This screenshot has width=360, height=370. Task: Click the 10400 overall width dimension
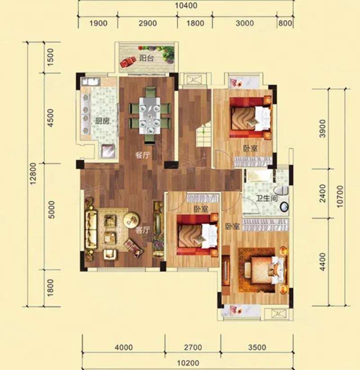click(x=186, y=5)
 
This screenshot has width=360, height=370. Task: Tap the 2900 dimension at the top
click(x=148, y=23)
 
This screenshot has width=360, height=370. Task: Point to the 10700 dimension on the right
click(x=340, y=196)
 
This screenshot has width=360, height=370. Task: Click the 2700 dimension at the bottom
click(x=193, y=348)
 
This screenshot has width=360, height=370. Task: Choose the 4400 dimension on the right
click(x=322, y=262)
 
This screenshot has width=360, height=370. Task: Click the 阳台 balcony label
click(x=146, y=58)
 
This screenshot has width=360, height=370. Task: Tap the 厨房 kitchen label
click(x=102, y=121)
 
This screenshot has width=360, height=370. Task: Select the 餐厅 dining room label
click(x=143, y=155)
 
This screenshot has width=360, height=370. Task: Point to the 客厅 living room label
click(x=143, y=230)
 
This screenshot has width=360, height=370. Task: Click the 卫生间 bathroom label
click(x=267, y=198)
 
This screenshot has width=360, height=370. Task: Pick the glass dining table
click(x=149, y=116)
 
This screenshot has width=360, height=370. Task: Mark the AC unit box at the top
click(x=193, y=80)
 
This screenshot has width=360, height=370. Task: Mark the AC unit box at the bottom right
click(x=278, y=314)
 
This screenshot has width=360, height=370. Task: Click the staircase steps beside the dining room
click(x=203, y=134)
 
